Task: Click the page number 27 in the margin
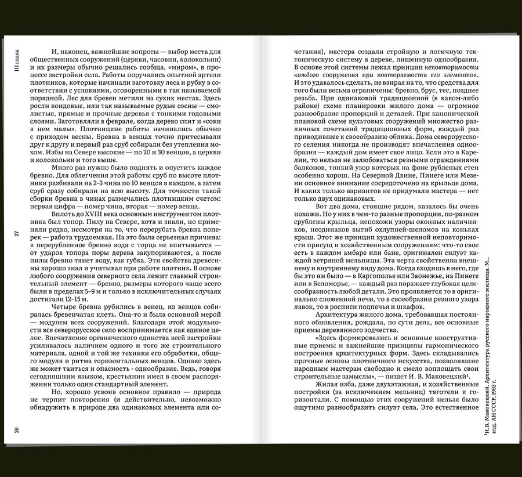17,233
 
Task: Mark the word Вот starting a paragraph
324,205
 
